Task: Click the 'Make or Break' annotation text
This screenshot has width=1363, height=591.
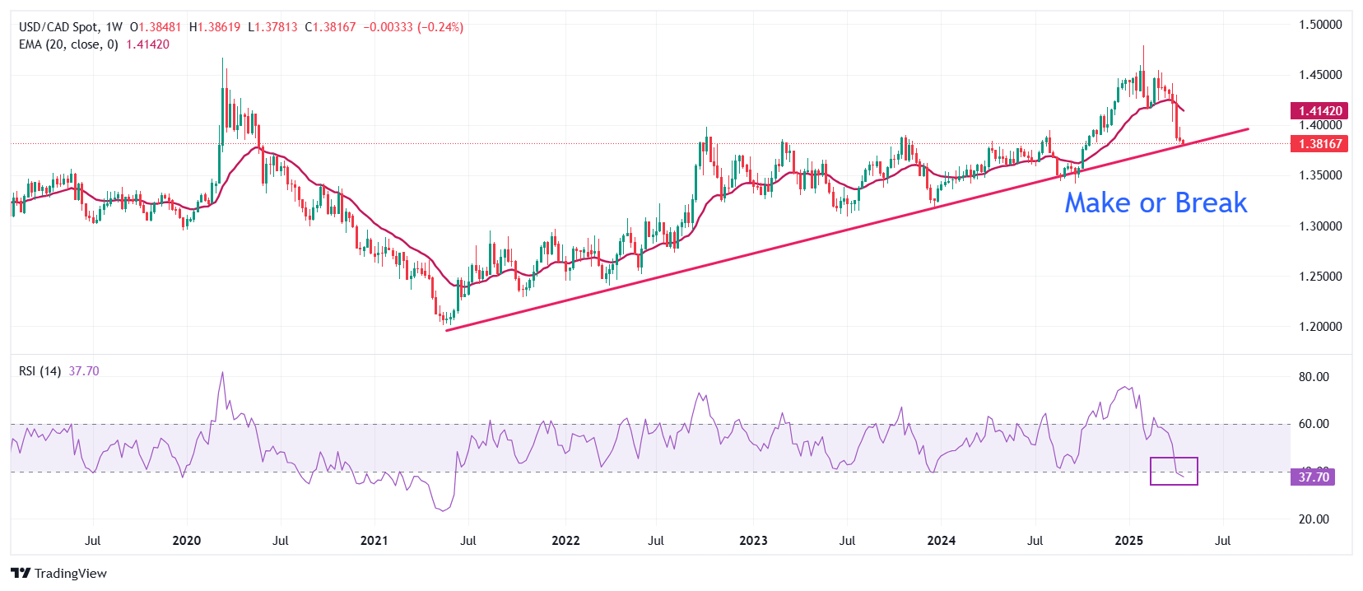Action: pos(1156,202)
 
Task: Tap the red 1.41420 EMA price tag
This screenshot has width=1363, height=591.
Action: pos(1320,110)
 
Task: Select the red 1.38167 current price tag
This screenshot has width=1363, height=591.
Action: pos(1320,143)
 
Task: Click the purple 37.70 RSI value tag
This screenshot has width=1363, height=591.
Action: pos(1313,477)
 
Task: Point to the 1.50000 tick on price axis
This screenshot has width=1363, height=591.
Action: pos(1320,25)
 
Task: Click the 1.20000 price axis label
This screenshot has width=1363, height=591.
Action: pos(1320,327)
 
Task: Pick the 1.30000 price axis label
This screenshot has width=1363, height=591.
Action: pos(1320,226)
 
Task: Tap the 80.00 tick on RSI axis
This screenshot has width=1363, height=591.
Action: pos(1314,377)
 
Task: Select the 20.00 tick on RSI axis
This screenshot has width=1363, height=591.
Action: pos(1314,519)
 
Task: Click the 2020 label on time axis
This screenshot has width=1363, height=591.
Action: pos(187,541)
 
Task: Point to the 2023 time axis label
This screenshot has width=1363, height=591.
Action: pos(753,541)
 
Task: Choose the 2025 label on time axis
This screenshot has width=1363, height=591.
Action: pos(1128,541)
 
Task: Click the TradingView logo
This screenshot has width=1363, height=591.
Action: pos(58,574)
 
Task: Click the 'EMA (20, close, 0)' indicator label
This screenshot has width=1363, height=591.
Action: pos(68,44)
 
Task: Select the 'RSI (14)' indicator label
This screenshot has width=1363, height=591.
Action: pos(40,371)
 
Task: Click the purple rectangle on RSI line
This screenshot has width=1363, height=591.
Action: pos(1174,471)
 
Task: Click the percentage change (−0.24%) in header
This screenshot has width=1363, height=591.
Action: pos(440,27)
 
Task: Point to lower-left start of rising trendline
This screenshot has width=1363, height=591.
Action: pos(447,330)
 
